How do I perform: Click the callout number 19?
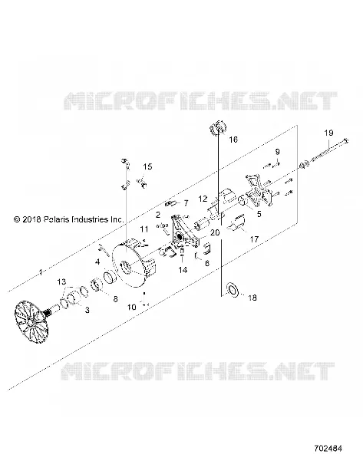(328, 133)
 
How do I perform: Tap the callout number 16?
(233, 140)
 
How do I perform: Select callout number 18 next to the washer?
(252, 298)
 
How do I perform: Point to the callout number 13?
(61, 281)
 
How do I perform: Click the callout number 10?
(131, 308)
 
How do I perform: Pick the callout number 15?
(147, 166)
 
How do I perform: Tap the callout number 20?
(215, 232)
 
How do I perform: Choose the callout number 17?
(255, 239)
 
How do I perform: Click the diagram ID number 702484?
(328, 449)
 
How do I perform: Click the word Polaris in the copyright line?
(57, 219)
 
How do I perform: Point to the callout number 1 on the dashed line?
(41, 272)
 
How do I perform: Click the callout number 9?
(277, 152)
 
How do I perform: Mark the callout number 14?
(183, 270)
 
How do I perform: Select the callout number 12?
(203, 199)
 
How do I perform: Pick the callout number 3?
(87, 310)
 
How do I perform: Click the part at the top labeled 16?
(218, 128)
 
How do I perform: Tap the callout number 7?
(186, 203)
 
